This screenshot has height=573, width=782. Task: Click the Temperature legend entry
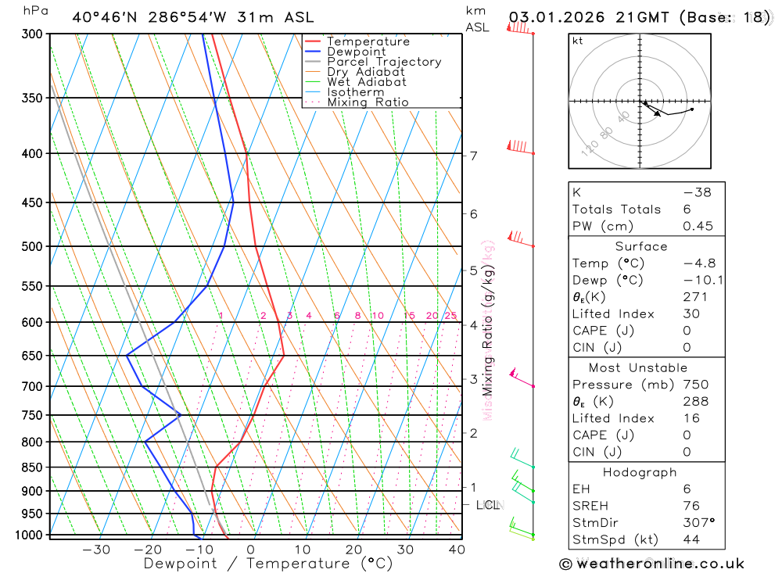pyautogui.click(x=368, y=41)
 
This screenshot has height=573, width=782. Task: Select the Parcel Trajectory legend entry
pyautogui.click(x=384, y=62)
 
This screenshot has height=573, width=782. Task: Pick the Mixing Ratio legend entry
pyautogui.click(x=368, y=102)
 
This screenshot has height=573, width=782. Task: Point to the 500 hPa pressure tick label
pyautogui.click(x=32, y=246)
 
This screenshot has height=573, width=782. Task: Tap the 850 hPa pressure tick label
pyautogui.click(x=32, y=467)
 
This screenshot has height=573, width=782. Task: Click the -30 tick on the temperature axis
pyautogui.click(x=96, y=550)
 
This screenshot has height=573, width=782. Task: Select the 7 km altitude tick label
pyautogui.click(x=474, y=156)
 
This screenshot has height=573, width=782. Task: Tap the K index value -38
pyautogui.click(x=697, y=192)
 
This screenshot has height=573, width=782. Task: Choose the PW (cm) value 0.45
pyautogui.click(x=698, y=226)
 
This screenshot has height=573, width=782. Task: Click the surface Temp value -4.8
pyautogui.click(x=698, y=263)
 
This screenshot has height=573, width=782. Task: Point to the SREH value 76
pyautogui.click(x=691, y=506)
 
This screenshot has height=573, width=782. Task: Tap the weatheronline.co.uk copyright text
pyautogui.click(x=651, y=564)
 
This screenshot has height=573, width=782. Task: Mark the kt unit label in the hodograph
pyautogui.click(x=578, y=41)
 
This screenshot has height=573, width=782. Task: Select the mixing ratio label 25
pyautogui.click(x=450, y=316)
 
